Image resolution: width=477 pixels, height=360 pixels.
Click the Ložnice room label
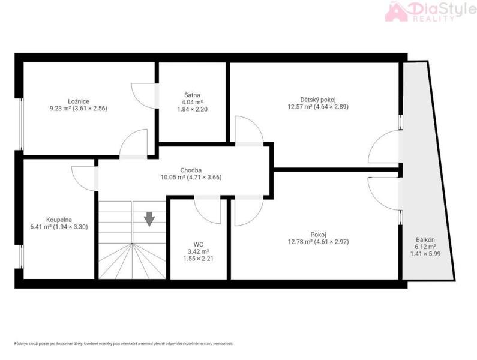click(x=79, y=101)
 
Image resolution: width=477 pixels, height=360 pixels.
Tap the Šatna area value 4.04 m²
click(x=192, y=102)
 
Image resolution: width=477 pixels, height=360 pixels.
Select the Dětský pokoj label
click(x=318, y=100)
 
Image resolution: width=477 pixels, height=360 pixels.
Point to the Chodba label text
click(x=191, y=170)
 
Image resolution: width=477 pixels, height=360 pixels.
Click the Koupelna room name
click(x=59, y=220)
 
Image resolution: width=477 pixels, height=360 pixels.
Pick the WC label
click(x=199, y=244)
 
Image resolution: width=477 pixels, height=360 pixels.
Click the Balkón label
click(x=425, y=239)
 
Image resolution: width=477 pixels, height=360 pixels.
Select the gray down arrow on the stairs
click(x=149, y=219)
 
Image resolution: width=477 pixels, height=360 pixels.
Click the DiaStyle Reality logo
click(x=430, y=11)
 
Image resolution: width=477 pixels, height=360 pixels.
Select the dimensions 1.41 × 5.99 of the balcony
click(x=425, y=253)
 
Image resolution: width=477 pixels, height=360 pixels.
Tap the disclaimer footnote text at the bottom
click(x=124, y=344)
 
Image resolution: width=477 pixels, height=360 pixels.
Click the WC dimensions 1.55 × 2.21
click(x=199, y=259)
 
